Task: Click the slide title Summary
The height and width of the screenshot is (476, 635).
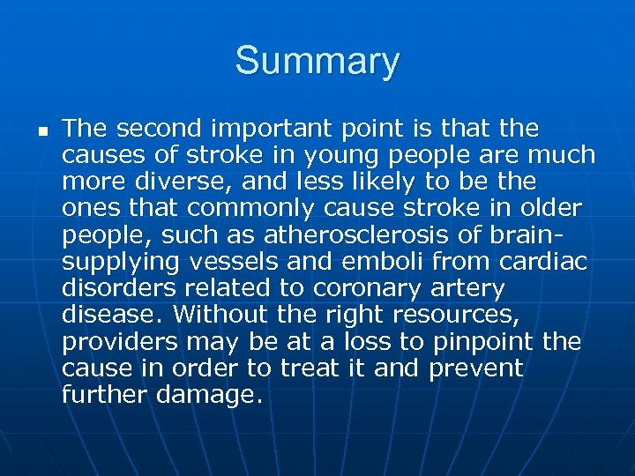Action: coord(317,62)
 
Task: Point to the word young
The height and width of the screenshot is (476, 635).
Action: coord(350,156)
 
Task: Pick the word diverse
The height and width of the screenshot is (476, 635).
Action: coord(178,182)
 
